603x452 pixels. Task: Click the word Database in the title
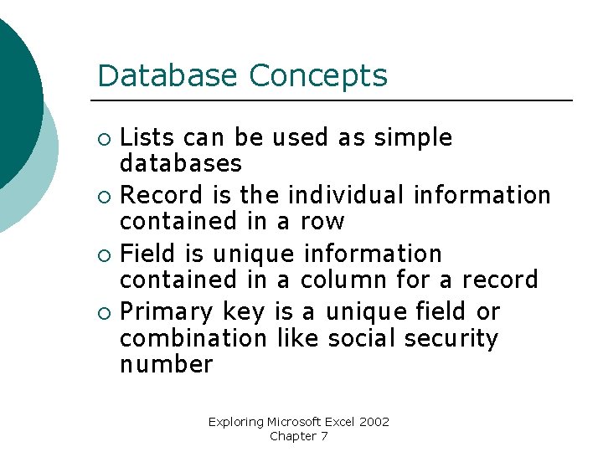pyautogui.click(x=169, y=76)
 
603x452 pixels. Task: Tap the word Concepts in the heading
pyautogui.click(x=318, y=76)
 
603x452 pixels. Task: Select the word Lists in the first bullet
pyautogui.click(x=147, y=137)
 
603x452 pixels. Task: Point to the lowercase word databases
pyautogui.click(x=181, y=163)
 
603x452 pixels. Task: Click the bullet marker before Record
pyautogui.click(x=103, y=197)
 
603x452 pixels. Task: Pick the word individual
pyautogui.click(x=347, y=195)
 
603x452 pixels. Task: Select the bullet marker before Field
pyautogui.click(x=103, y=254)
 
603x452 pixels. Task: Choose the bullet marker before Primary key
pyautogui.click(x=103, y=313)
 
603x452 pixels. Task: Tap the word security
pyautogui.click(x=451, y=338)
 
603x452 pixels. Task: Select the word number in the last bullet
pyautogui.click(x=167, y=365)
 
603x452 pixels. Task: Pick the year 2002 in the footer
pyautogui.click(x=375, y=422)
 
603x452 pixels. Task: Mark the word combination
pyautogui.click(x=192, y=338)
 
